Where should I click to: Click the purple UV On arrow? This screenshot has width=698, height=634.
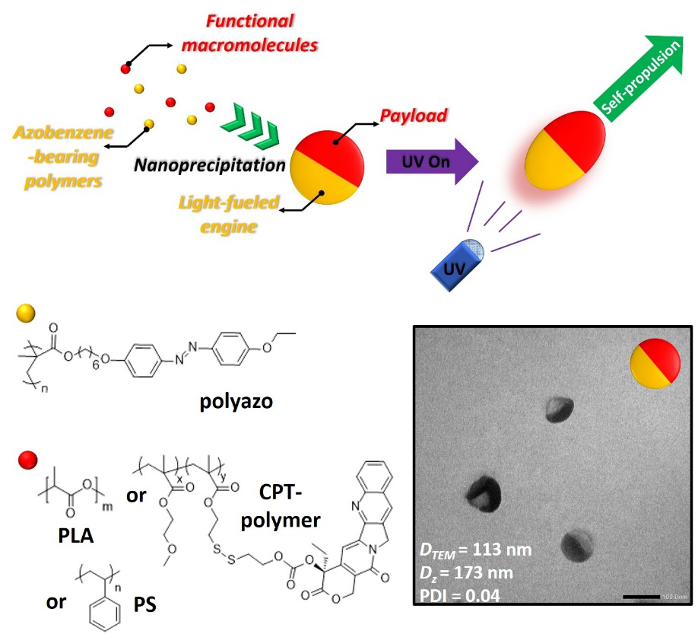[430, 161]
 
